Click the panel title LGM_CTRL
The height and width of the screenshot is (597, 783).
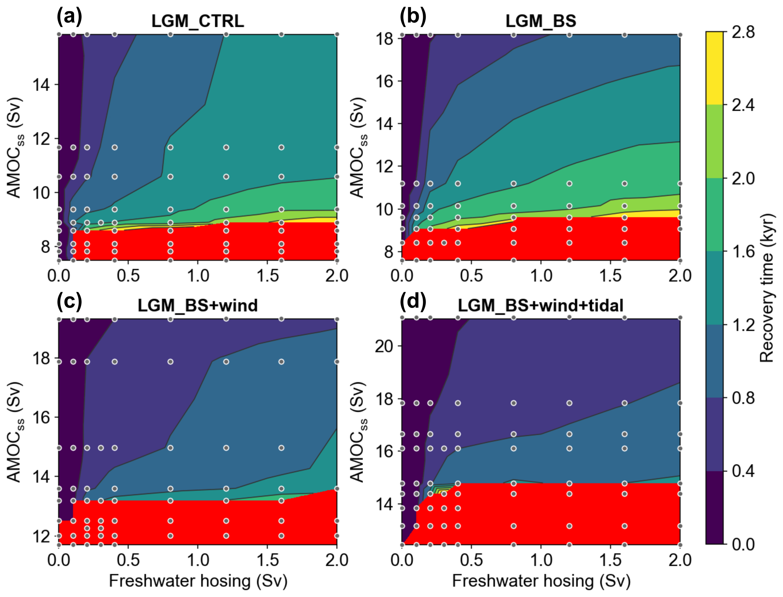[x=198, y=21]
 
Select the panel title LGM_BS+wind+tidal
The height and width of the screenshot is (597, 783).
[x=540, y=306]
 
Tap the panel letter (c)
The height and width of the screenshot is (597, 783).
[x=69, y=301]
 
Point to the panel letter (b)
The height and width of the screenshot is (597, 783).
[x=412, y=17]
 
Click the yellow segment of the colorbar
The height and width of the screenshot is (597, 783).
[x=714, y=68]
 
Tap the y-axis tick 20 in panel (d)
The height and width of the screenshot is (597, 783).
[x=385, y=346]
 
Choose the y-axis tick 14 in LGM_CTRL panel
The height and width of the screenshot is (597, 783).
[x=41, y=85]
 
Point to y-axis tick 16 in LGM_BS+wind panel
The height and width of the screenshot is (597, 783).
[x=41, y=417]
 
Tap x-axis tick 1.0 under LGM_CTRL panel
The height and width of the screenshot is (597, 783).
[x=198, y=276]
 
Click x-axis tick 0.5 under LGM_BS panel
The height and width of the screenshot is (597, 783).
[x=471, y=276]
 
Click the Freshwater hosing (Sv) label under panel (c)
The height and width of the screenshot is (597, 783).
[x=198, y=581]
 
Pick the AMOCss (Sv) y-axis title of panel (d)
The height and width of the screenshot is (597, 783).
[x=358, y=432]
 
